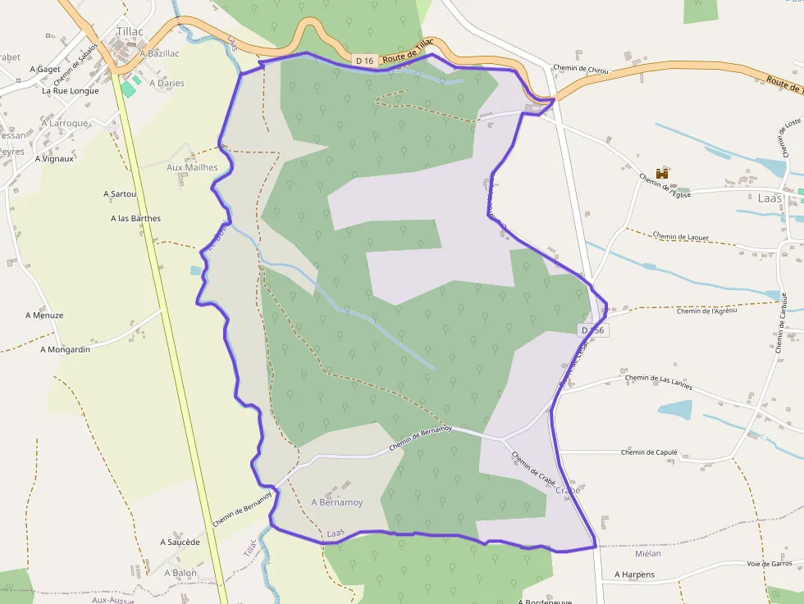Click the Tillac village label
[x=130, y=32]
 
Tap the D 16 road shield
[x=365, y=60]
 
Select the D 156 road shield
[x=592, y=330]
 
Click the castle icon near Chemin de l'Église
[x=662, y=173]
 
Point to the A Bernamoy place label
[x=336, y=502]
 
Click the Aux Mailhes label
[x=192, y=167]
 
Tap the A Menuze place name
[x=44, y=315]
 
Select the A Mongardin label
[x=65, y=349]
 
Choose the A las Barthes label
[x=135, y=219]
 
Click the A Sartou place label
[x=120, y=194]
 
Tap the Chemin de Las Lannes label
[x=659, y=379]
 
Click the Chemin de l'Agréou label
[x=707, y=311]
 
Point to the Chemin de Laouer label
[x=681, y=237]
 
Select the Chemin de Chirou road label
[x=580, y=70]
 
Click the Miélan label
[x=647, y=554]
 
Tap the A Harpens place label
[x=635, y=574]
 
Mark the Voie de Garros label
[x=770, y=564]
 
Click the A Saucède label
[x=180, y=543]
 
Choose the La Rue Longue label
[x=71, y=91]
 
